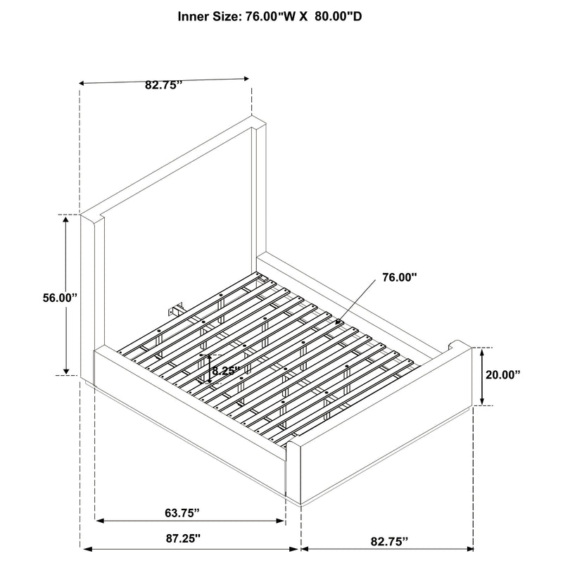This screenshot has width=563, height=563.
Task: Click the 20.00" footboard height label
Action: pos(502,375)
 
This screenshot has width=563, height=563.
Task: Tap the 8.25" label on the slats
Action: pos(226,369)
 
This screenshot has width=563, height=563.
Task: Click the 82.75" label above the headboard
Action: pos(163,84)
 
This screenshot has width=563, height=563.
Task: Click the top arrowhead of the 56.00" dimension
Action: pos(67,220)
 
